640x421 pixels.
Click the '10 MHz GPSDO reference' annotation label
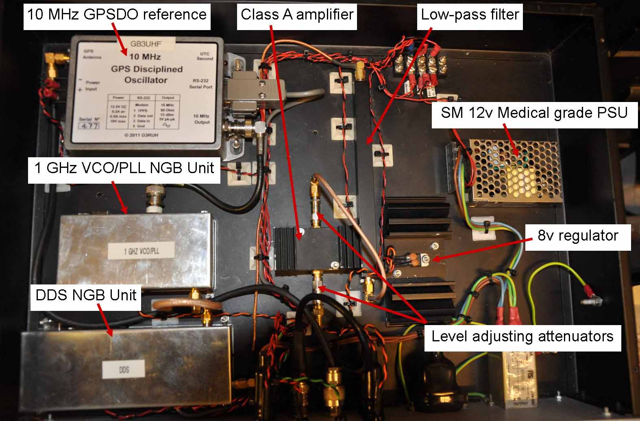pyautogui.click(x=117, y=15)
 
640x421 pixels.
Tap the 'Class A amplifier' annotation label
pyautogui.click(x=297, y=15)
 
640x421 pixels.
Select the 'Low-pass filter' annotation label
pyautogui.click(x=470, y=15)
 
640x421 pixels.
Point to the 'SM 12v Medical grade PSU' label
pyautogui.click(x=534, y=113)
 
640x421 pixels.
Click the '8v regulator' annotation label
pyautogui.click(x=577, y=235)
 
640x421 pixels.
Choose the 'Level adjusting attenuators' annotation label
pyautogui.click(x=522, y=336)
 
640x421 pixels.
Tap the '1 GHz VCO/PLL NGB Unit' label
pyautogui.click(x=124, y=167)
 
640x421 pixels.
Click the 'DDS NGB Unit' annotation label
pyautogui.click(x=85, y=295)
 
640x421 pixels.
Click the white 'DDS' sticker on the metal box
pyautogui.click(x=124, y=370)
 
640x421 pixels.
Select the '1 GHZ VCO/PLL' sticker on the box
pyautogui.click(x=141, y=250)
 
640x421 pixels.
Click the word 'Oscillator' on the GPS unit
pyautogui.click(x=146, y=80)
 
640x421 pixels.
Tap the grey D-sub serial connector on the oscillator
pyautogui.click(x=244, y=93)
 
